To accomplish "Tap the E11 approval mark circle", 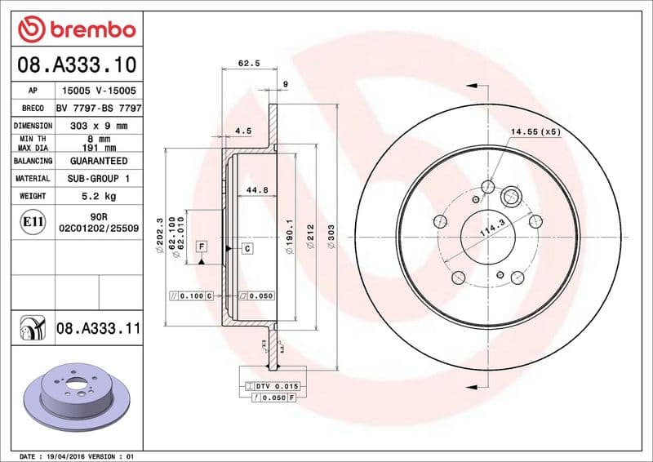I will [33, 221].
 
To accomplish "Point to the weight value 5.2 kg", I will [99, 196].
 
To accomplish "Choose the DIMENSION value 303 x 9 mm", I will [99, 126].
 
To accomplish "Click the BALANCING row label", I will [33, 161].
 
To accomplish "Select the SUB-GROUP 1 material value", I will [99, 178].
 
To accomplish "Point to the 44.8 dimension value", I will [258, 190].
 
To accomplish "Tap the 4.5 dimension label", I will [242, 130].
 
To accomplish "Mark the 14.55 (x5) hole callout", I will [535, 131].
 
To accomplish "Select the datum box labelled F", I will [201, 246].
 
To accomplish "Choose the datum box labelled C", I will [246, 247].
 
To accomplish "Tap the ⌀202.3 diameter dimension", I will [158, 237].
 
